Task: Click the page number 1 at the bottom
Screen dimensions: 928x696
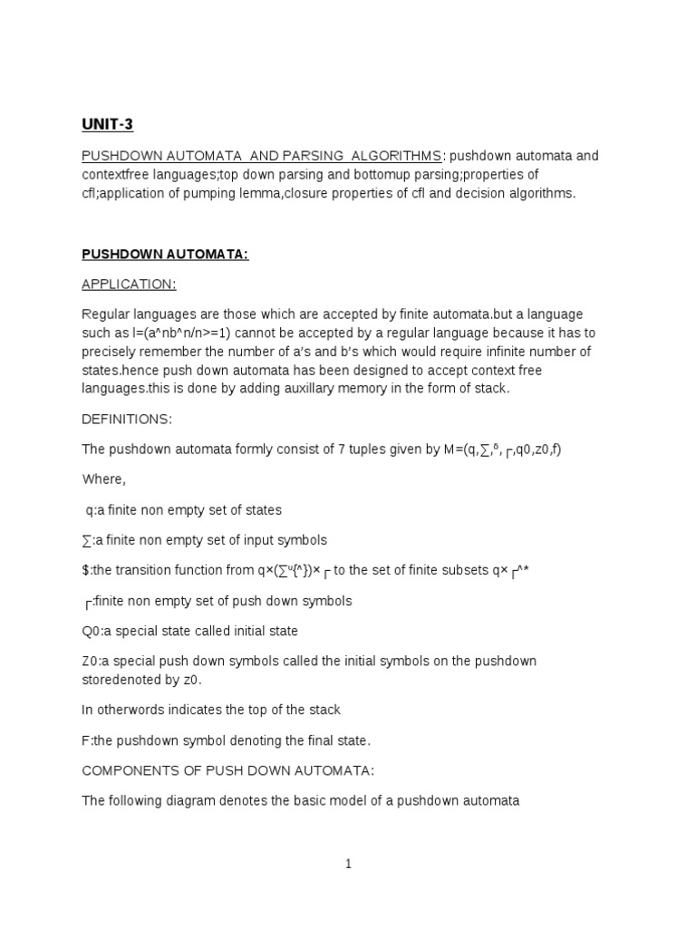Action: pyautogui.click(x=348, y=865)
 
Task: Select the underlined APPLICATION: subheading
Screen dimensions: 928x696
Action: pyautogui.click(x=129, y=285)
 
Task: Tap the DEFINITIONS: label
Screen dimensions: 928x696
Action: pyautogui.click(x=126, y=419)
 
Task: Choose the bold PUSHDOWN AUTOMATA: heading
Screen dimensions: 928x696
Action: pyautogui.click(x=165, y=255)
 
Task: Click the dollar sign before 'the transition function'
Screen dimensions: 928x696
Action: pyautogui.click(x=85, y=570)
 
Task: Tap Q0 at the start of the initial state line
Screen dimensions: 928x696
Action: pyautogui.click(x=91, y=631)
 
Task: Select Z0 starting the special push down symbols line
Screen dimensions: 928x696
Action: pyautogui.click(x=90, y=661)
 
